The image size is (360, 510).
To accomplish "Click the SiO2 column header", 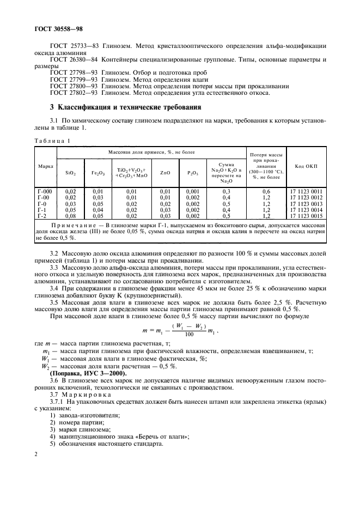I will [x=70, y=173].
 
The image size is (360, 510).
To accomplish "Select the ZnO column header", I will [x=165, y=173].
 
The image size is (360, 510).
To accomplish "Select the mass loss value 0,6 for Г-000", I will [x=266, y=191].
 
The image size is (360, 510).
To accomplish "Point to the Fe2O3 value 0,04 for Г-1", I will [x=97, y=209].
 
